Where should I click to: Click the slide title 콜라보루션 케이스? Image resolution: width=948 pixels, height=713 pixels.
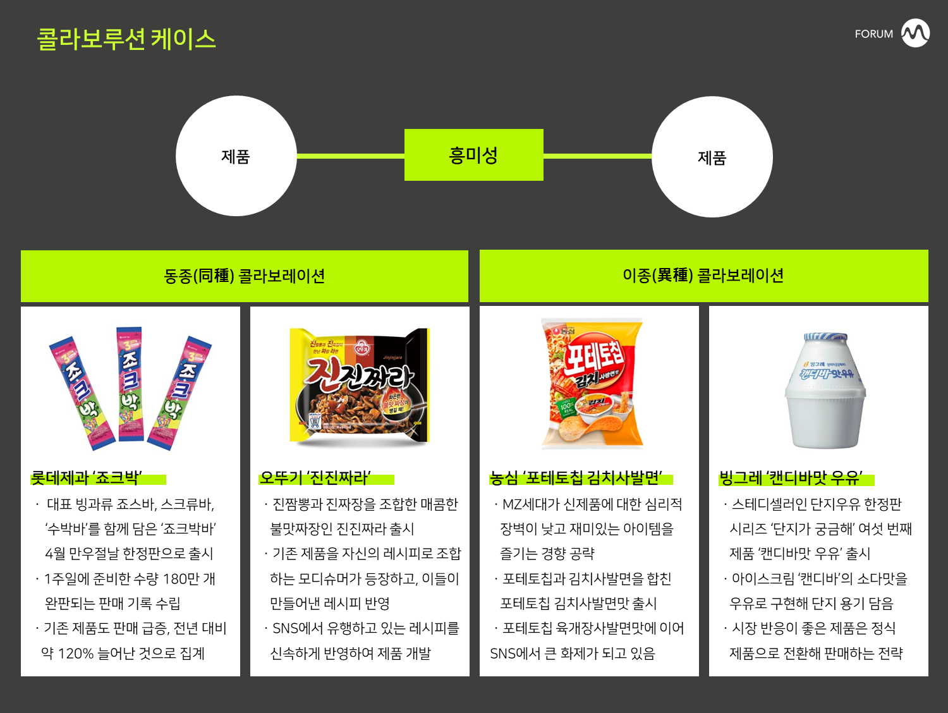point(126,39)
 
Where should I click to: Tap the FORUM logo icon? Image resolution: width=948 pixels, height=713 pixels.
point(915,33)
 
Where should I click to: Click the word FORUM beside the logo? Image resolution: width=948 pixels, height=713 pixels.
point(873,34)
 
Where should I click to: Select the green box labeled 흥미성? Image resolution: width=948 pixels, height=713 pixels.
point(473,155)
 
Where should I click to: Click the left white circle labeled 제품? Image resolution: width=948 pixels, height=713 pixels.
point(236,156)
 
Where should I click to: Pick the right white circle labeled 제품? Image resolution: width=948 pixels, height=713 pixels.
point(712,157)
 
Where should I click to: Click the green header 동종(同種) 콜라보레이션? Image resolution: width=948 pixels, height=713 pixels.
point(244,276)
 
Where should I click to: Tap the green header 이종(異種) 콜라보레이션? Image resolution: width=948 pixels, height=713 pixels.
point(703,276)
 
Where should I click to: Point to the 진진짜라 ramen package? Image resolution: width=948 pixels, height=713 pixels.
point(359,386)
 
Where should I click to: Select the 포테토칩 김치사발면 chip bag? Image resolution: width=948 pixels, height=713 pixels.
point(593,383)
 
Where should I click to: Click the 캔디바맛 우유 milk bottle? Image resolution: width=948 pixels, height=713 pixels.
point(825,392)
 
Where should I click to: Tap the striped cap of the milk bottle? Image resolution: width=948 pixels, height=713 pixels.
point(825,337)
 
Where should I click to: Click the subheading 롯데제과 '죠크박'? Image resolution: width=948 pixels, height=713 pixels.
point(87,478)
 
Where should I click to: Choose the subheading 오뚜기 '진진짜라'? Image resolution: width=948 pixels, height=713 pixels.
point(315,478)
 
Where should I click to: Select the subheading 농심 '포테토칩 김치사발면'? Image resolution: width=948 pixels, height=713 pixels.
point(576,478)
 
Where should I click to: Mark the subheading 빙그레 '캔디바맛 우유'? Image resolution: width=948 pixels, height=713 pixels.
point(791,478)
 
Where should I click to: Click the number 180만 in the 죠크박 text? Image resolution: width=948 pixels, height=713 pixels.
point(181,579)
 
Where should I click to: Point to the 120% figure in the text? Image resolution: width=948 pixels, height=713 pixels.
point(75,654)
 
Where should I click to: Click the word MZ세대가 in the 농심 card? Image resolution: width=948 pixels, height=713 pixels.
point(532,504)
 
